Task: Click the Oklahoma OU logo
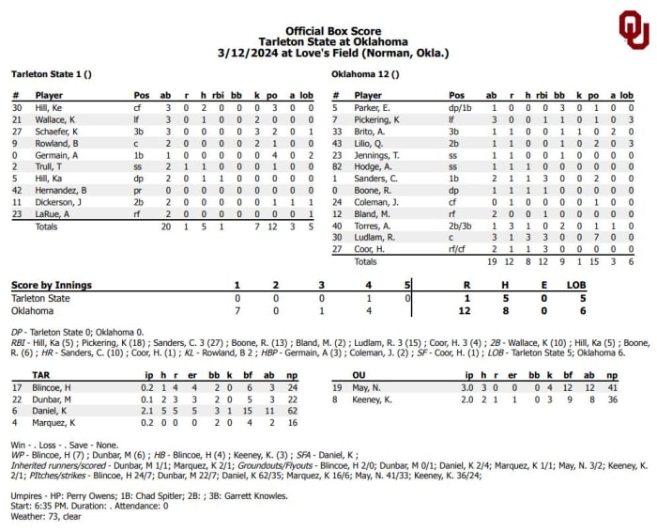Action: pos(632,30)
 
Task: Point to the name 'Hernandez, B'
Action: pos(61,189)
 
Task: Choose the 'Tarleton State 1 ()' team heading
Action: pos(47,73)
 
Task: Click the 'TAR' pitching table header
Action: pos(20,373)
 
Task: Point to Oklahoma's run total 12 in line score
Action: pos(464,310)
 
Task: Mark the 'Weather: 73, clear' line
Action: pos(48,517)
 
